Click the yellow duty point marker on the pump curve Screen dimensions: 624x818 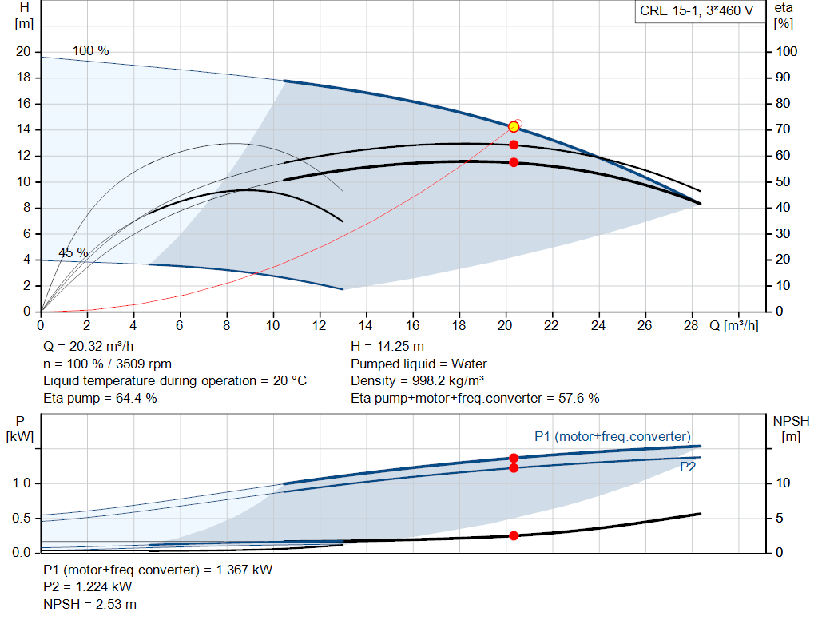click(514, 126)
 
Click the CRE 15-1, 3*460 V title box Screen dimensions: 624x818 click(696, 12)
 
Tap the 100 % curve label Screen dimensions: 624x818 click(90, 50)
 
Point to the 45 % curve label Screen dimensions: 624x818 click(73, 252)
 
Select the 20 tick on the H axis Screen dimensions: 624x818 click(23, 52)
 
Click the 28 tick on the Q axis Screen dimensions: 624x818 click(691, 326)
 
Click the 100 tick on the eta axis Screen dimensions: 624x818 click(787, 52)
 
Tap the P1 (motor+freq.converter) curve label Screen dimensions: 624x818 click(612, 436)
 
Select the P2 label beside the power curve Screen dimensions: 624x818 click(687, 467)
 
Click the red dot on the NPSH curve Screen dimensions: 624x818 click(514, 535)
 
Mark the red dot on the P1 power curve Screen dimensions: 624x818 click(514, 458)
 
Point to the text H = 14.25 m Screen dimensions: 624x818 click(388, 347)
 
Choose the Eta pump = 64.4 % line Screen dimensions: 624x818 click(100, 398)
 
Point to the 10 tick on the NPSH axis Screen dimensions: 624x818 click(784, 483)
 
